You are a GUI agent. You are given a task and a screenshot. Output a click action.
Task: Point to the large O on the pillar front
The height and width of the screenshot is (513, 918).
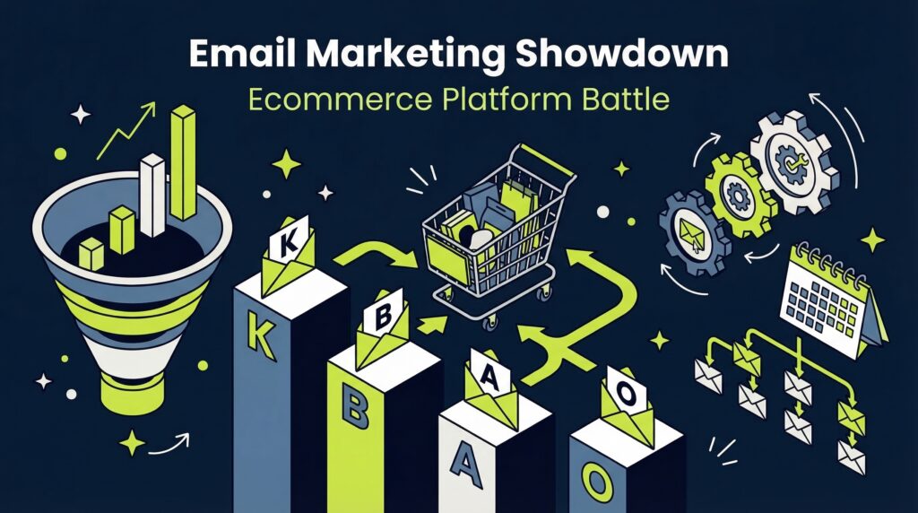click(x=594, y=480)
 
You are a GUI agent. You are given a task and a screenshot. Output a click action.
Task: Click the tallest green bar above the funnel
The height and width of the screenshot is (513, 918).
click(x=183, y=163)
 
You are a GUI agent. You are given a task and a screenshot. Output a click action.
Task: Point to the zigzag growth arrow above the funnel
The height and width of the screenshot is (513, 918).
click(x=126, y=135)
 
